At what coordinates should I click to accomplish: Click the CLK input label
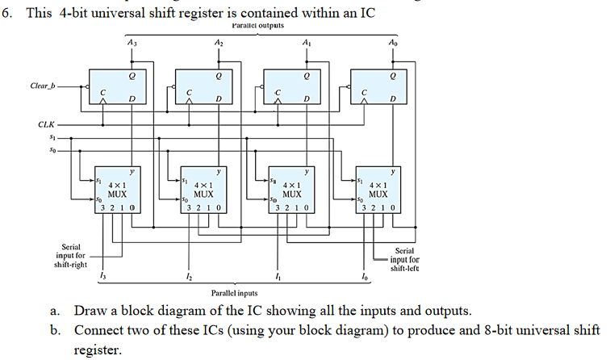(46, 124)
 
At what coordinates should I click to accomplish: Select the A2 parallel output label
(219, 44)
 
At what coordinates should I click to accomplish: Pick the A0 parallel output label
(393, 44)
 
